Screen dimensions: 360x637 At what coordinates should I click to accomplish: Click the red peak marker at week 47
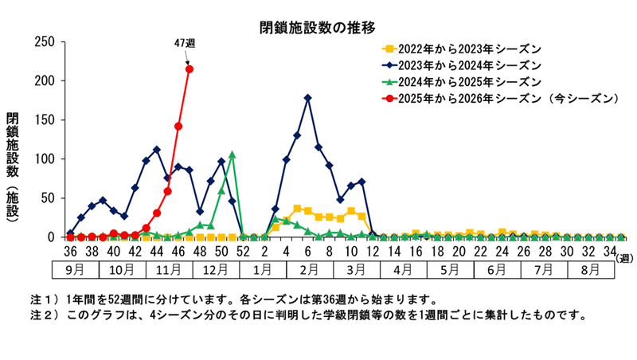click(x=190, y=69)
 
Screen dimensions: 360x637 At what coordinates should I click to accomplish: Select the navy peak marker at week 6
click(x=308, y=98)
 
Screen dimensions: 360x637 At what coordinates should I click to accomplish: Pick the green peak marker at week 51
click(x=232, y=155)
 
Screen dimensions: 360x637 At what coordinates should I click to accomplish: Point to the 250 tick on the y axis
click(x=43, y=41)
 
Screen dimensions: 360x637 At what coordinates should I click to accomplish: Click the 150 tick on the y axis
click(x=43, y=119)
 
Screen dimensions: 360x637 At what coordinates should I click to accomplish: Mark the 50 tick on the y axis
click(x=46, y=198)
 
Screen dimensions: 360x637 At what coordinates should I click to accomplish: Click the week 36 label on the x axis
click(x=70, y=251)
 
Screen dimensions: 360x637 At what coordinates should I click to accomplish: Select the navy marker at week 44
click(x=157, y=150)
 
